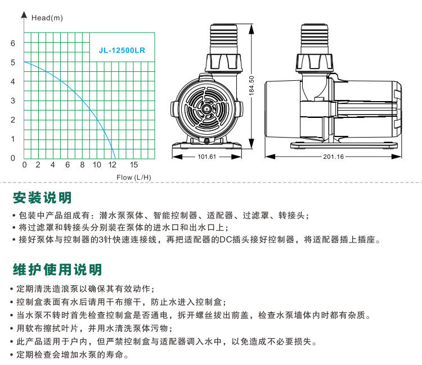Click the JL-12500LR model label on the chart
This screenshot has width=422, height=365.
tap(122, 49)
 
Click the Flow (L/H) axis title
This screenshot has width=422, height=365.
tap(134, 177)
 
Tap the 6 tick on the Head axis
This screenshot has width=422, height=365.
tap(13, 43)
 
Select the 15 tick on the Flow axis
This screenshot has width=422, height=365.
tap(134, 165)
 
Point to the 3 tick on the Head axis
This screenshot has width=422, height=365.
tap(13, 101)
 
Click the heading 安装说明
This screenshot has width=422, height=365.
tap(42, 198)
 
